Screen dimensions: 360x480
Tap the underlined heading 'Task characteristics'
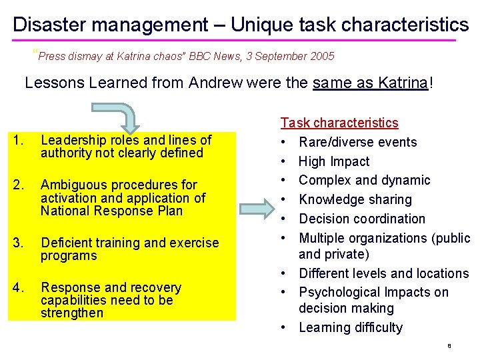(x=339, y=123)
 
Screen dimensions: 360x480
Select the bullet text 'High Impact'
(x=334, y=161)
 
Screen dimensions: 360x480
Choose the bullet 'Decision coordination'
(x=362, y=219)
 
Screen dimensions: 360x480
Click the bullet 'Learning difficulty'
(x=351, y=327)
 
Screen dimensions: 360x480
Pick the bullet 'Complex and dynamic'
(x=365, y=180)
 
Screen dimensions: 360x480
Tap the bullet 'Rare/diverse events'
(x=358, y=142)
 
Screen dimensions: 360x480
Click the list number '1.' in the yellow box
(x=19, y=140)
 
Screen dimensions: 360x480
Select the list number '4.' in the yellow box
(x=19, y=288)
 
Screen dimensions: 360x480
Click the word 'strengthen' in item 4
(x=72, y=313)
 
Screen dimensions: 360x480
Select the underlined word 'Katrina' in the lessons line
(x=403, y=83)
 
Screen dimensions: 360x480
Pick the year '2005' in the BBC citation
(x=322, y=57)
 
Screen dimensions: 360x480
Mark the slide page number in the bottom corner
(x=449, y=347)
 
